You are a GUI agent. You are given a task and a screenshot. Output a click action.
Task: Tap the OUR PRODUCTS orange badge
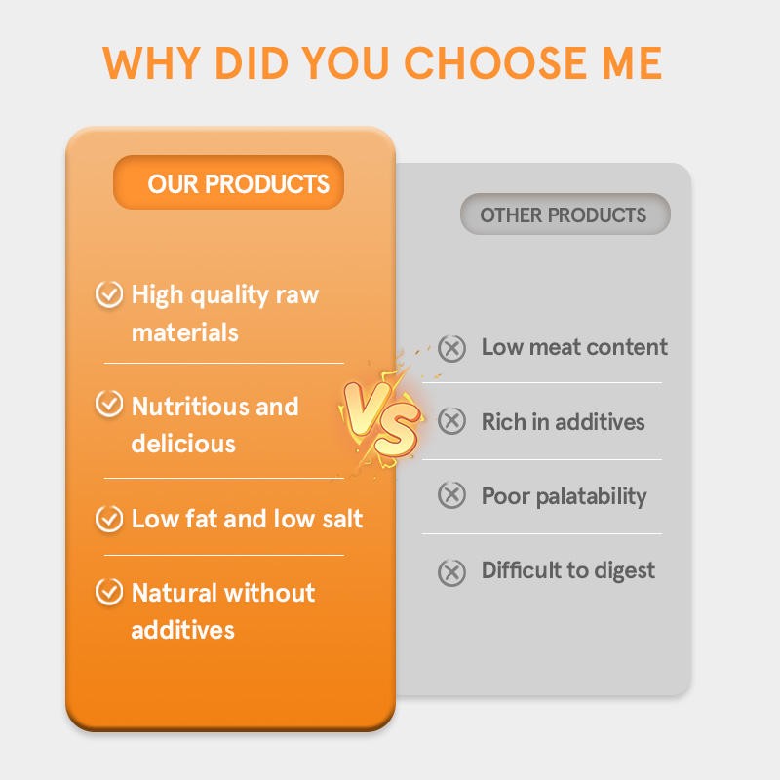click(x=229, y=183)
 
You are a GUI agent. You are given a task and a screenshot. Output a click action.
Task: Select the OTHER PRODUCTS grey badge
click(x=565, y=214)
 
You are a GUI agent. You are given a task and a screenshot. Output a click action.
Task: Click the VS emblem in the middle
click(x=381, y=416)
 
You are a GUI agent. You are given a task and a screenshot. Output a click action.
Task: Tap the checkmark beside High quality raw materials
click(x=108, y=293)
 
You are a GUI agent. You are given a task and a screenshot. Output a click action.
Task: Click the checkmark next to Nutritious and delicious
click(x=108, y=406)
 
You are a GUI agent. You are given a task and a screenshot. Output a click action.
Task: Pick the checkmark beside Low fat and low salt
click(x=108, y=518)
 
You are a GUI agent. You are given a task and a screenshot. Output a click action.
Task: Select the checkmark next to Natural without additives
click(x=108, y=592)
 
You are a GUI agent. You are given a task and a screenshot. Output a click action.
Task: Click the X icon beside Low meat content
click(x=451, y=348)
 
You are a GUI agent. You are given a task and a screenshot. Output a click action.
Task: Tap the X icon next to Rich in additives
click(x=451, y=421)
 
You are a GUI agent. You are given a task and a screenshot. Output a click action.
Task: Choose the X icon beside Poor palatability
click(x=451, y=495)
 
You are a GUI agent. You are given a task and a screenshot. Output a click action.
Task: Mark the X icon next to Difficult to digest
click(x=451, y=571)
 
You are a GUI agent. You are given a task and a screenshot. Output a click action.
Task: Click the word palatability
click(x=592, y=497)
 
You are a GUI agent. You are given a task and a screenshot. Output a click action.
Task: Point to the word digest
click(x=624, y=571)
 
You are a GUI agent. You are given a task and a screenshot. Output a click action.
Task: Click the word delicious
click(x=183, y=444)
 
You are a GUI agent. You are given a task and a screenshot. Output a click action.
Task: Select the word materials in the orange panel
click(x=184, y=332)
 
